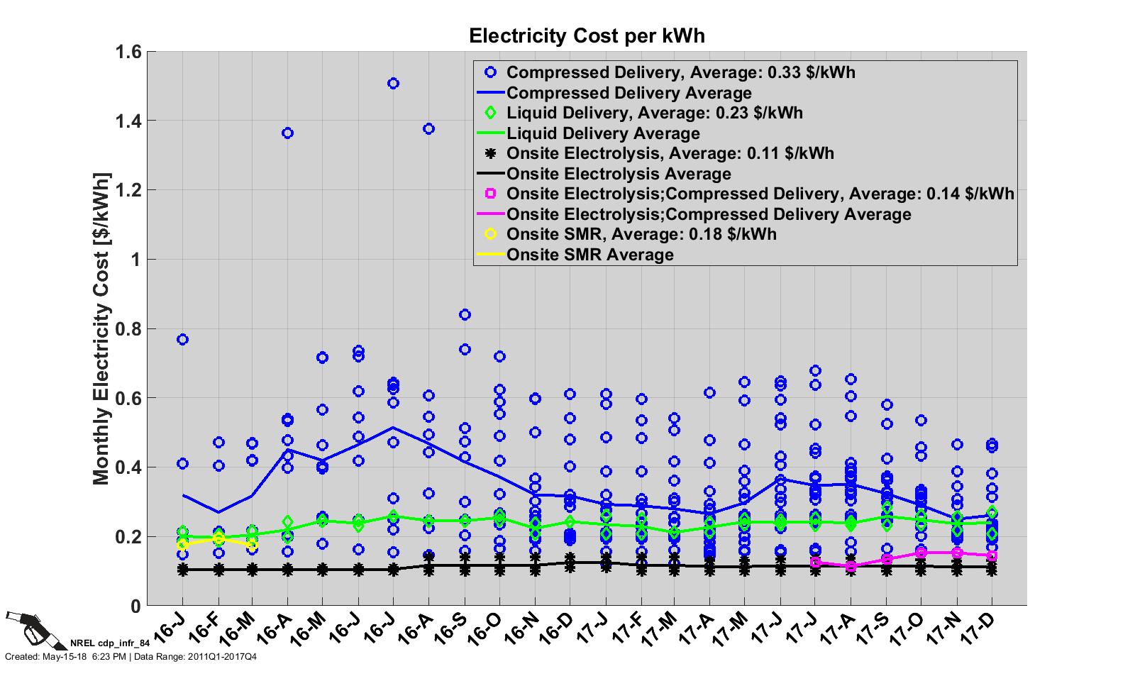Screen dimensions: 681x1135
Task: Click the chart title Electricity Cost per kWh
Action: click(x=587, y=35)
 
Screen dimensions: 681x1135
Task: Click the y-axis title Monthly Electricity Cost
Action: click(x=101, y=328)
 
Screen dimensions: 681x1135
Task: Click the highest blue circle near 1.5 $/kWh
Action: click(x=393, y=84)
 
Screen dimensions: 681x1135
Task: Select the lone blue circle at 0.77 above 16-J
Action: click(x=182, y=340)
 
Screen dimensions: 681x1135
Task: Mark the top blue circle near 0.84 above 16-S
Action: click(x=465, y=315)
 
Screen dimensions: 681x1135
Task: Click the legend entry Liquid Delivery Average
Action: click(x=603, y=133)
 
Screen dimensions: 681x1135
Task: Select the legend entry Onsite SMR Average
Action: click(x=590, y=255)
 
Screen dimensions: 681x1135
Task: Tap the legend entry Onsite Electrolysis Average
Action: click(x=619, y=174)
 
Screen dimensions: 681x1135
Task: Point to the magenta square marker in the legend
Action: click(x=489, y=194)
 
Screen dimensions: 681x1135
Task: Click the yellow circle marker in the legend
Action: click(x=489, y=234)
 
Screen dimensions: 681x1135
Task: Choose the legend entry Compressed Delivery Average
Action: click(x=629, y=93)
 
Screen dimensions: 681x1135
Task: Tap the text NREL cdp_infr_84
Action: click(x=110, y=645)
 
